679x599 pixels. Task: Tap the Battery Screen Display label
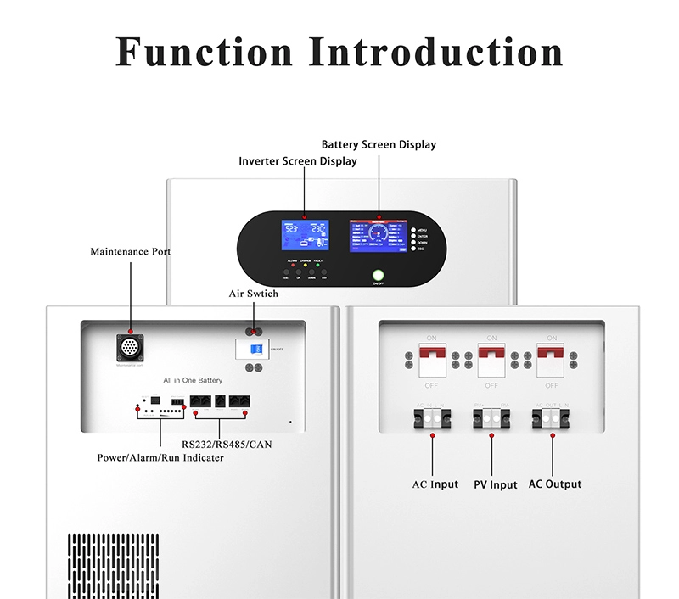379,145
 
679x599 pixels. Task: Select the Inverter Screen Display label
298,161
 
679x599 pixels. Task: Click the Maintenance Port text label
131,252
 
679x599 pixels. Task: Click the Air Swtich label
253,294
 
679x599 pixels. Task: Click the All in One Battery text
194,381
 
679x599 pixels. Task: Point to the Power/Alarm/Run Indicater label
161,457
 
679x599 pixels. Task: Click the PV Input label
495,485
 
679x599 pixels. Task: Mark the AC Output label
555,484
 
